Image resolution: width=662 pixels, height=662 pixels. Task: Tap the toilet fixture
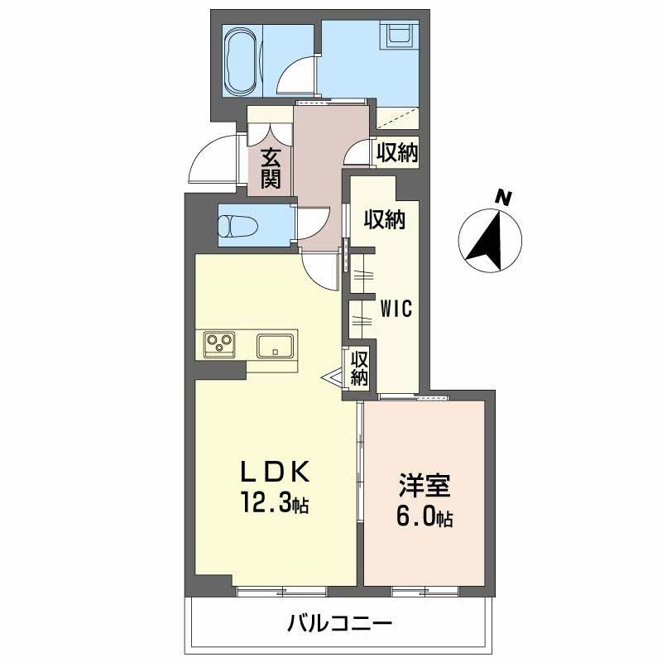pyautogui.click(x=238, y=227)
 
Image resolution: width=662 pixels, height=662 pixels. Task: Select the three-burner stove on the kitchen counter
pyautogui.click(x=219, y=344)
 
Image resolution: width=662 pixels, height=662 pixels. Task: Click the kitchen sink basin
pyautogui.click(x=275, y=346)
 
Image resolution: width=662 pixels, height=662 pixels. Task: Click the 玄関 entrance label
pyautogui.click(x=271, y=169)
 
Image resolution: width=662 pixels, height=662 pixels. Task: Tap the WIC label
pyautogui.click(x=396, y=309)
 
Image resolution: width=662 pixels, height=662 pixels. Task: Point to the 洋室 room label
pyautogui.click(x=424, y=486)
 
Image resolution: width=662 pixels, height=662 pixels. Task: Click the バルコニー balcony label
pyautogui.click(x=340, y=623)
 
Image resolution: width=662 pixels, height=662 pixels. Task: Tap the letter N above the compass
pyautogui.click(x=503, y=198)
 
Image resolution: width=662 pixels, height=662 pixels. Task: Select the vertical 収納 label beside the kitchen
pyautogui.click(x=359, y=368)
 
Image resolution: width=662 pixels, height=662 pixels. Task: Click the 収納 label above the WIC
pyautogui.click(x=385, y=219)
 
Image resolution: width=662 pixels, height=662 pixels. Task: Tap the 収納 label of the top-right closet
pyautogui.click(x=397, y=153)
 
